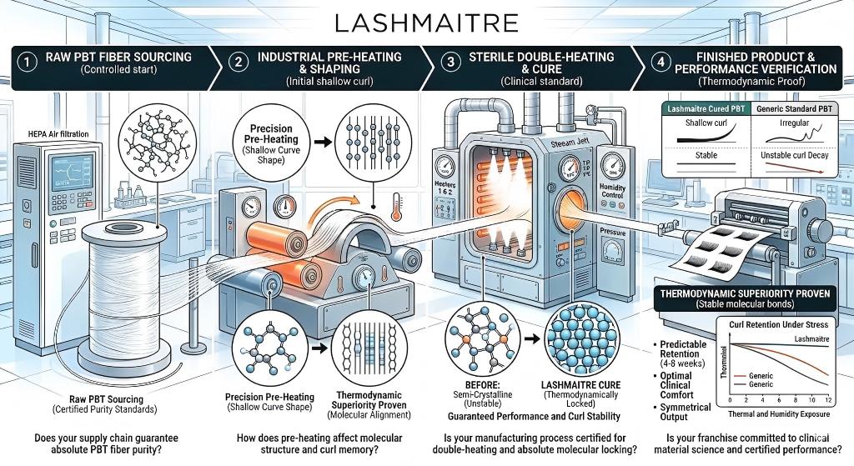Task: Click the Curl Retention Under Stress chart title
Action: (x=775, y=323)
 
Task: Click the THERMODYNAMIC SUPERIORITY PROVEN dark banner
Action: (x=751, y=294)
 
